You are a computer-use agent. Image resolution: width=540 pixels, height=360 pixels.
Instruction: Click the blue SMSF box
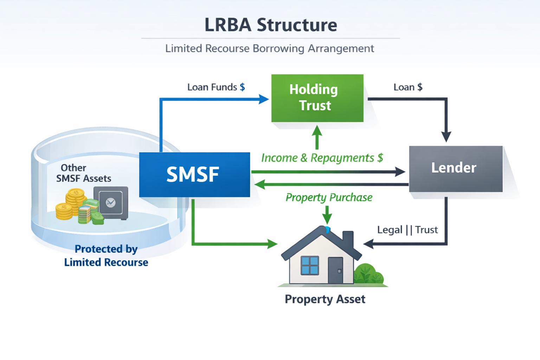click(x=194, y=174)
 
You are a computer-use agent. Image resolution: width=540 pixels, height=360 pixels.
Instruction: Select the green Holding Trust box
click(x=317, y=98)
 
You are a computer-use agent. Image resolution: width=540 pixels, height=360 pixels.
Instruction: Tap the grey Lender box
click(x=456, y=168)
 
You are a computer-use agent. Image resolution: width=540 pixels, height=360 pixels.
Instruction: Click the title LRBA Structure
click(x=271, y=25)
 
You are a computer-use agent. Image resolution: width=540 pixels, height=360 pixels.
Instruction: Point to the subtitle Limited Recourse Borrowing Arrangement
click(x=270, y=49)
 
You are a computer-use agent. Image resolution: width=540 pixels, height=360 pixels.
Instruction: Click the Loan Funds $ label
click(x=216, y=87)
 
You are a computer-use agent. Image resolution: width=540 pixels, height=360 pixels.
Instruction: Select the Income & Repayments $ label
click(x=322, y=158)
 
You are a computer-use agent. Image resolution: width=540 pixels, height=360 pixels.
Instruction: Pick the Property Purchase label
click(x=329, y=198)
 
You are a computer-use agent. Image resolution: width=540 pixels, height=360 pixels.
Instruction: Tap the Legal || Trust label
click(x=407, y=230)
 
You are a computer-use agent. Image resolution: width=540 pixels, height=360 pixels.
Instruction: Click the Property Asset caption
click(x=325, y=299)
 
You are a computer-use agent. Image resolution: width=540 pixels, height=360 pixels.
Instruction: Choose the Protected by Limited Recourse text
click(x=106, y=256)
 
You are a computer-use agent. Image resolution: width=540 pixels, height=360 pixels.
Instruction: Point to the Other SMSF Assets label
click(x=84, y=173)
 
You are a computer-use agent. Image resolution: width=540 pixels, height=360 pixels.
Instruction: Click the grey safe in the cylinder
click(x=111, y=202)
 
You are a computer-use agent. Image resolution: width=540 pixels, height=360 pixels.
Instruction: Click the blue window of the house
click(x=310, y=265)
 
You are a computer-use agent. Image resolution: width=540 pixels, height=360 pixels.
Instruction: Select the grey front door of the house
click(x=335, y=270)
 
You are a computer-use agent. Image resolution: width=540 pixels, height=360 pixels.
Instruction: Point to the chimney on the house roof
click(x=348, y=240)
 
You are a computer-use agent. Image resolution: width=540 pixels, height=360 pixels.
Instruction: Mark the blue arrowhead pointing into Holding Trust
click(x=263, y=99)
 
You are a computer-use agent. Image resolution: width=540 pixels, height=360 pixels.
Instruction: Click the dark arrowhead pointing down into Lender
click(x=446, y=137)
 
